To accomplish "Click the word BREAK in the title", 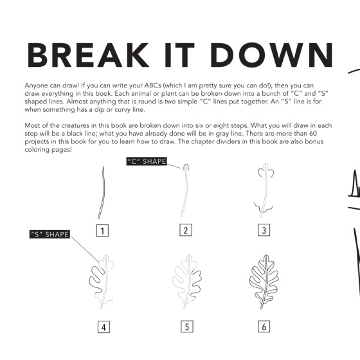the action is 88,55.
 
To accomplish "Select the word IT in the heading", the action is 180,55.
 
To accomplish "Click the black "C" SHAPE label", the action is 147,161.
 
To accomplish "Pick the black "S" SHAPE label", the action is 50,234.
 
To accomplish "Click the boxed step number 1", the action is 102,231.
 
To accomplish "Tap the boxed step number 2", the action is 186,230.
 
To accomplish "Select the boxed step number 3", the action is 264,230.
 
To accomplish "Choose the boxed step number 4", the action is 104,327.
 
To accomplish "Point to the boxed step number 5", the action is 187,327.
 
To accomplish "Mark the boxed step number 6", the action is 264,327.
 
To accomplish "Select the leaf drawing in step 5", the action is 187,282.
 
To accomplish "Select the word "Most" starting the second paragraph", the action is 32,125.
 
